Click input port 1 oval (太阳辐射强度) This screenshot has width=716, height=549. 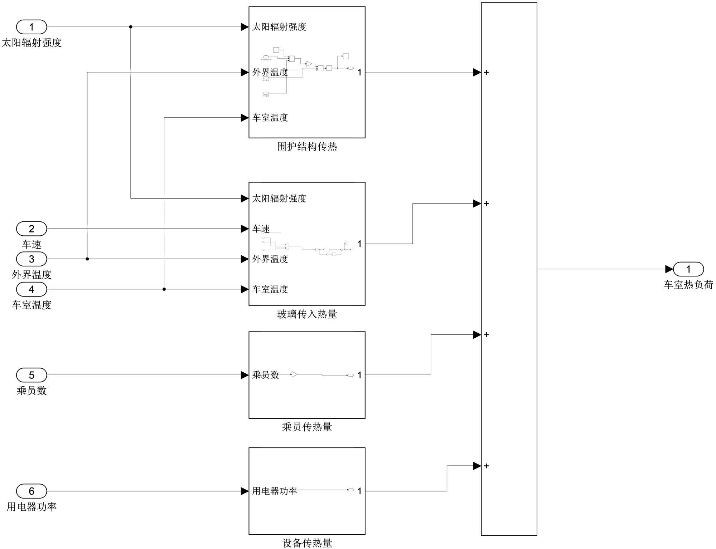pos(32,27)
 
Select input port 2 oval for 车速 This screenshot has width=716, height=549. pos(32,229)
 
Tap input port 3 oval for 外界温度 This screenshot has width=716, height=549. pos(32,259)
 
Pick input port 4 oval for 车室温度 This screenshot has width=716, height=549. pos(32,289)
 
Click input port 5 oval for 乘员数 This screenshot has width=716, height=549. pos(32,375)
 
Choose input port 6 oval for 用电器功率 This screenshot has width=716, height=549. pos(32,491)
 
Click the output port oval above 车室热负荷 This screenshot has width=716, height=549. pos(688,269)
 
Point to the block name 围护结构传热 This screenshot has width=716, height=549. pos(307,146)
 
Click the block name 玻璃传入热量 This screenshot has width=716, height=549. pos(307,314)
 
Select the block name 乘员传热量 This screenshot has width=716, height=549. pos(307,427)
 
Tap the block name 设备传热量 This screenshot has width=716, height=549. pos(307,543)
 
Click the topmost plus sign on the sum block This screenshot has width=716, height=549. pos(486,72)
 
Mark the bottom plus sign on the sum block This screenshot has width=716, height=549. pos(486,466)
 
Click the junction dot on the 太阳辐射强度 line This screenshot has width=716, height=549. pos(131,27)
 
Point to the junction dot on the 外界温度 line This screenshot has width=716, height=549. pos(87,259)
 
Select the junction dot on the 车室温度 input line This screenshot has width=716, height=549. pos(164,289)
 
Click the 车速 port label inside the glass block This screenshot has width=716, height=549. pos(261,229)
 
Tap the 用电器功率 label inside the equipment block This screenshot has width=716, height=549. pos(274,491)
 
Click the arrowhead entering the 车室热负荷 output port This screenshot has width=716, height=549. pos(669,269)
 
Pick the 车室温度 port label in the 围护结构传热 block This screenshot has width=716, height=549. pos(270,118)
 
